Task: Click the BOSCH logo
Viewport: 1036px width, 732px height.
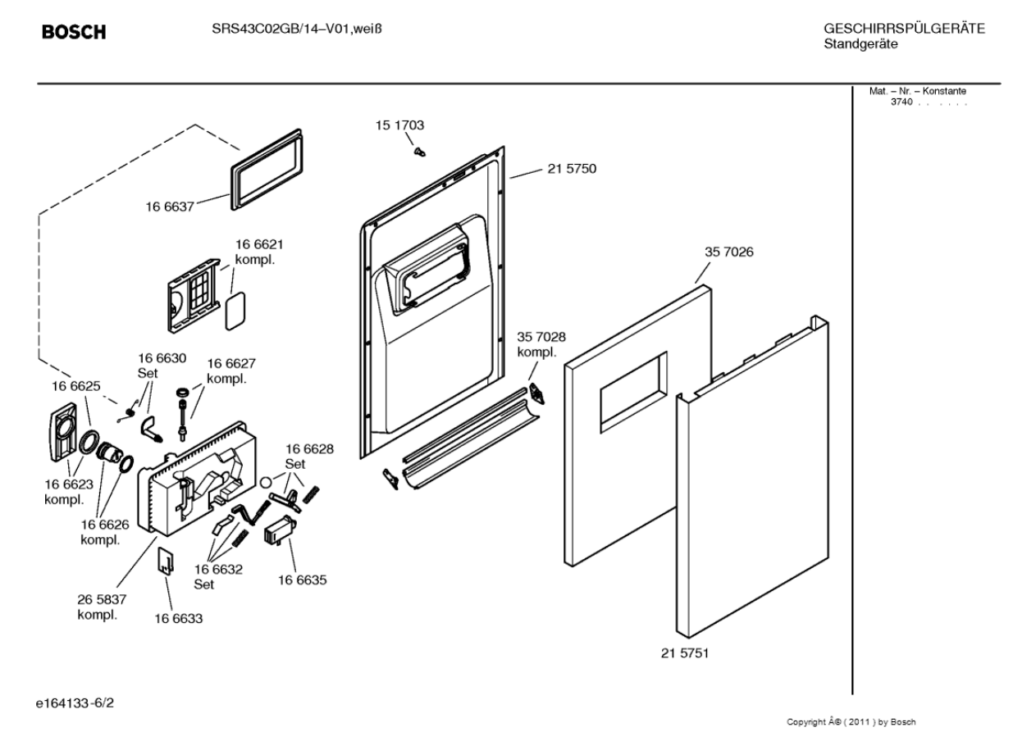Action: pyautogui.click(x=74, y=33)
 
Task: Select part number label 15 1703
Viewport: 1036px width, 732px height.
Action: pyautogui.click(x=399, y=125)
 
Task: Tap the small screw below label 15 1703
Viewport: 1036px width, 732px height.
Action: pyautogui.click(x=419, y=151)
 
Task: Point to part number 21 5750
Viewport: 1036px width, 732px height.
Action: pyautogui.click(x=572, y=169)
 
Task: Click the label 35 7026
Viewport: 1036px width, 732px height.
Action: pyautogui.click(x=728, y=252)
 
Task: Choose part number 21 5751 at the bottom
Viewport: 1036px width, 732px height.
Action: pyautogui.click(x=685, y=653)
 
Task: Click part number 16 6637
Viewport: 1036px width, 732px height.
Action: pyautogui.click(x=170, y=207)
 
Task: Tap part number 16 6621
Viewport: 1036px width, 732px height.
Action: pyautogui.click(x=260, y=244)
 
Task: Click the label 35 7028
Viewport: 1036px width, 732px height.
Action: pyautogui.click(x=541, y=337)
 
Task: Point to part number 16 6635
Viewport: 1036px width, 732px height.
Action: pyautogui.click(x=303, y=580)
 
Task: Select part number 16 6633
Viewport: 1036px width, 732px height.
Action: pyautogui.click(x=178, y=618)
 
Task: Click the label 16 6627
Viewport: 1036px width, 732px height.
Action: pyautogui.click(x=230, y=363)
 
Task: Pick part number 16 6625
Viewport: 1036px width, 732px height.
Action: pyautogui.click(x=76, y=385)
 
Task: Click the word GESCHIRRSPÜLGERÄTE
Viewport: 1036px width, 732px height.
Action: pyautogui.click(x=904, y=30)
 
